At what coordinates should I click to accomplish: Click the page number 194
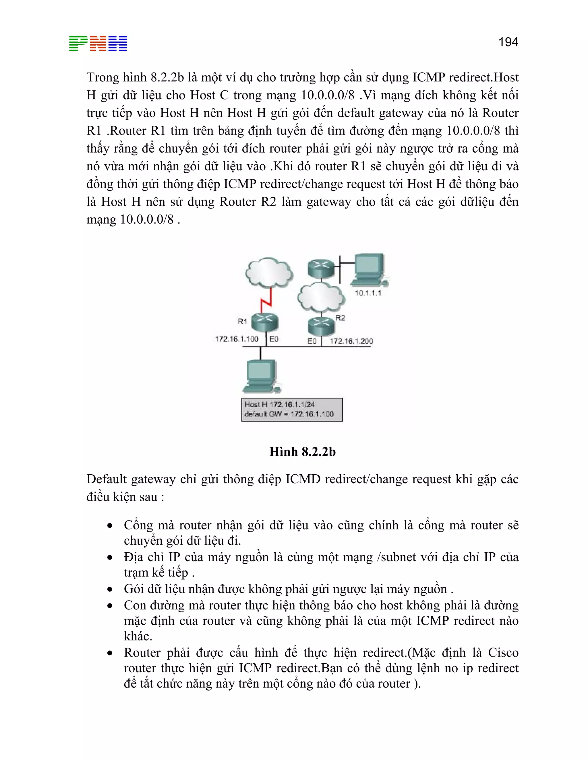(x=508, y=42)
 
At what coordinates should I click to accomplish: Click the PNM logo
(x=98, y=44)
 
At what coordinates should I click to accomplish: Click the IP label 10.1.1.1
(x=368, y=293)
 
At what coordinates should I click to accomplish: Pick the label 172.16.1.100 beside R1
(x=237, y=339)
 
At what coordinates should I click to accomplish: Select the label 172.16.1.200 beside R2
(x=351, y=341)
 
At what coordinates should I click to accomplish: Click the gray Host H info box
(x=292, y=410)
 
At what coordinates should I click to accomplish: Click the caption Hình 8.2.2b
(x=302, y=452)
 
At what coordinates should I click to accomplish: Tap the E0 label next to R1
(x=274, y=339)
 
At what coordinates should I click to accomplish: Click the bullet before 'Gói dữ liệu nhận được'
(x=110, y=589)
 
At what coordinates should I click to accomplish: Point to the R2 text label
(x=340, y=317)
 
